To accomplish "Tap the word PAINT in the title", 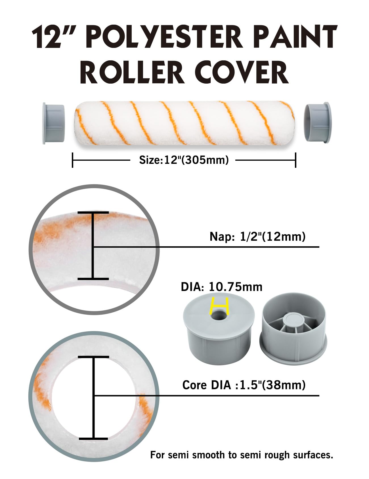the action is (x=294, y=37).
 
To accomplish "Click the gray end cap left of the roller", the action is (x=53, y=123).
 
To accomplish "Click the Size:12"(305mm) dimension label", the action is (x=184, y=160).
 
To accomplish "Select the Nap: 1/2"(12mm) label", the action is (x=257, y=236).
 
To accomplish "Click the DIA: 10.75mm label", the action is (x=222, y=287).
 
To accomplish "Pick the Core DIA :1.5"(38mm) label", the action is (x=244, y=385).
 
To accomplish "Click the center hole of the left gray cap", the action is (x=219, y=315).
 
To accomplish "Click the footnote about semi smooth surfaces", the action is (x=241, y=455).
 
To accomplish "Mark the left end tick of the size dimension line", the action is (x=73, y=160).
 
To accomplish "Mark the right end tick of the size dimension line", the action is (x=296, y=160).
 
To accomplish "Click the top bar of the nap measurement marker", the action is (x=93, y=212).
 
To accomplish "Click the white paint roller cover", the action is (x=184, y=123).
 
